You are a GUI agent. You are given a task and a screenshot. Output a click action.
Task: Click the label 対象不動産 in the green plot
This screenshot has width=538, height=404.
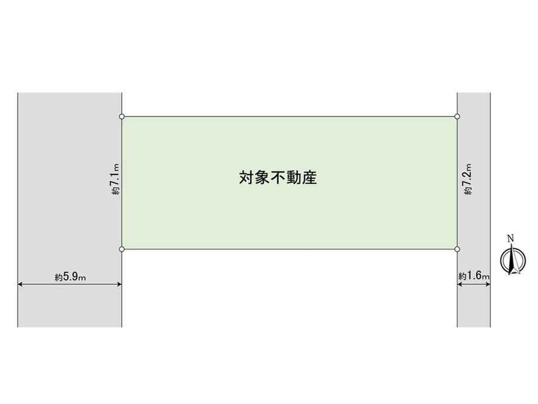[278, 177]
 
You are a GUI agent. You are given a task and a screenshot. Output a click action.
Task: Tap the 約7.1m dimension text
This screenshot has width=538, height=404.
[115, 179]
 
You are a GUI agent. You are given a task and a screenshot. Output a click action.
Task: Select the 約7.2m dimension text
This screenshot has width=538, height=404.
[468, 179]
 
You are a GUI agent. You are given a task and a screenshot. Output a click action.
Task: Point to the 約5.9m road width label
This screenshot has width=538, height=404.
[70, 276]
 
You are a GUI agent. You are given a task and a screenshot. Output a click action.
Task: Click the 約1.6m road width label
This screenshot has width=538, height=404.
[474, 276]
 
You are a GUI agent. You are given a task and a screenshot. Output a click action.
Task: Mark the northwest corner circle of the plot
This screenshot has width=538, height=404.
[122, 117]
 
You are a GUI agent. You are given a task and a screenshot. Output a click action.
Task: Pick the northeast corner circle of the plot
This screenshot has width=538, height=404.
[457, 117]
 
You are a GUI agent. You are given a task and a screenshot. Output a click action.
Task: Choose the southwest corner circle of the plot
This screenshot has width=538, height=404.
[122, 249]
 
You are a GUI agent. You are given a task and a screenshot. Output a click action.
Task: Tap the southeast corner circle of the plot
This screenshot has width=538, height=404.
[457, 249]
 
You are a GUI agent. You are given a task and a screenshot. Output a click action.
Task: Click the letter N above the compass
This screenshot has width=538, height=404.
[511, 238]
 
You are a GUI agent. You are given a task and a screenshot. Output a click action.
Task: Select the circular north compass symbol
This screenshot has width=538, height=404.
[513, 260]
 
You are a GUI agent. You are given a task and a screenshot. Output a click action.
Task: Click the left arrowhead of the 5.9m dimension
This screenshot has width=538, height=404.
[20, 284]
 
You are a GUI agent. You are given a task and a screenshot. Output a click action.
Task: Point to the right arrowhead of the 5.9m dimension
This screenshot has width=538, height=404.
[119, 284]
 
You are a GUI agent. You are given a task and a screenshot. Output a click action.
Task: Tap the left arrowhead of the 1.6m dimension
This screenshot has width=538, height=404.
[460, 284]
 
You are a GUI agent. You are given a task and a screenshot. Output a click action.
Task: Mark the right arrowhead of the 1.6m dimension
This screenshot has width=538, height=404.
[488, 284]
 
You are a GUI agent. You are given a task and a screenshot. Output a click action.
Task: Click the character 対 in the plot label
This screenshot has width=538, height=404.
[246, 177]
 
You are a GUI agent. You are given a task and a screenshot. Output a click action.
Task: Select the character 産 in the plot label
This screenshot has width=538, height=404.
[310, 177]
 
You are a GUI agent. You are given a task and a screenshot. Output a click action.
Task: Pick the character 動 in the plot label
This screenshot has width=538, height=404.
[294, 177]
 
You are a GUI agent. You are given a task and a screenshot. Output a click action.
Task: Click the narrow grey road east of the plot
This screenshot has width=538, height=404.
[474, 210]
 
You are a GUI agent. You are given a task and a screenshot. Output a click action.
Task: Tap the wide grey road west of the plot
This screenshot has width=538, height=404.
[70, 210]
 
